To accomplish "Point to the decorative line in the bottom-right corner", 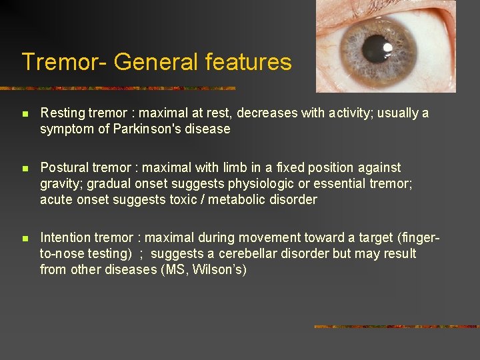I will click(396, 327).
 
